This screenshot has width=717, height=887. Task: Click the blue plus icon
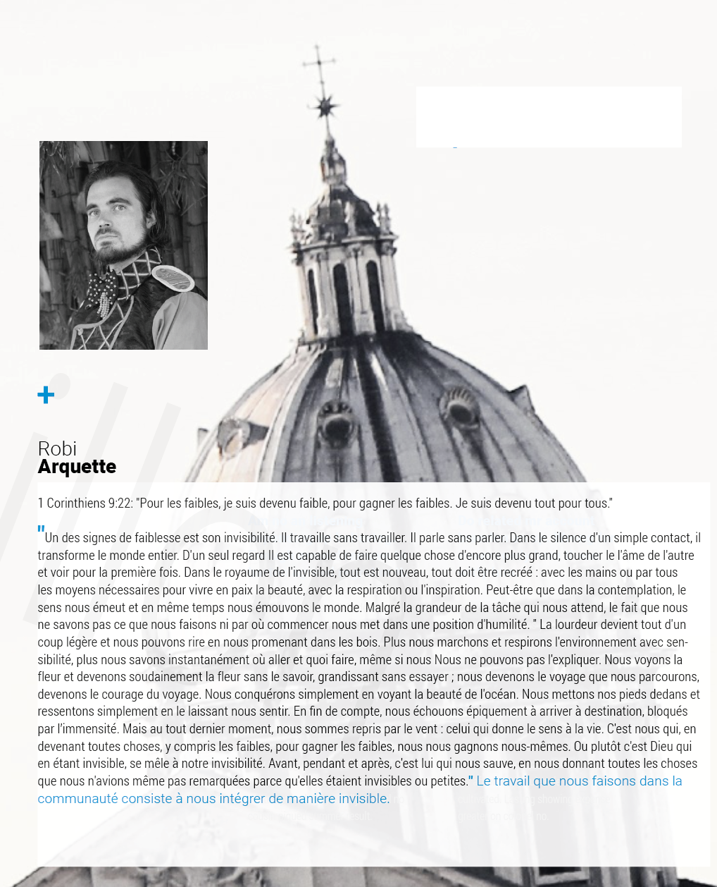click(x=46, y=395)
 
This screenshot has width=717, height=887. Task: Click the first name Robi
click(x=57, y=448)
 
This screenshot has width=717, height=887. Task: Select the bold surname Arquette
click(x=77, y=467)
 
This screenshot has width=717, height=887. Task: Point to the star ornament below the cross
click(x=325, y=106)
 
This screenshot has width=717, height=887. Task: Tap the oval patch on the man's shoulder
click(x=173, y=279)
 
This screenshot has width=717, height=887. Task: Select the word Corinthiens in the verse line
click(x=77, y=503)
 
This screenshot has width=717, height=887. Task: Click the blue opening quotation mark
click(x=41, y=530)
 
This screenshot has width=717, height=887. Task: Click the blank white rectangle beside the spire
click(x=549, y=117)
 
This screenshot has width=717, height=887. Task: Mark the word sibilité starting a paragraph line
click(x=56, y=660)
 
